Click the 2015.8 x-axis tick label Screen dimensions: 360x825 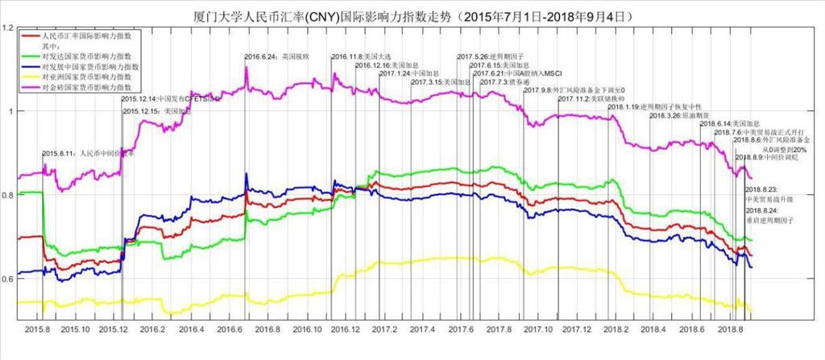coord(39,329)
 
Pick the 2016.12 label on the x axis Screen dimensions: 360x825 coord(346,329)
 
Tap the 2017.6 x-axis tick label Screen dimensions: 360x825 coord(460,329)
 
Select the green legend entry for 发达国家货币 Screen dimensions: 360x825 coord(89,56)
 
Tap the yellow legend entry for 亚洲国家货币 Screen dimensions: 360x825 coord(89,76)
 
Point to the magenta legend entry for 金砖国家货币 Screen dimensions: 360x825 coord(89,85)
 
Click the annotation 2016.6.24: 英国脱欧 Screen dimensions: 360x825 coord(276,56)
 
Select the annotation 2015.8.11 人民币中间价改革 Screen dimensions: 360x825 coord(89,152)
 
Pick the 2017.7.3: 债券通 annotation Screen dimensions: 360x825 coord(501,81)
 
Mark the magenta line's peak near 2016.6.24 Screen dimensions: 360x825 coord(246,69)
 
